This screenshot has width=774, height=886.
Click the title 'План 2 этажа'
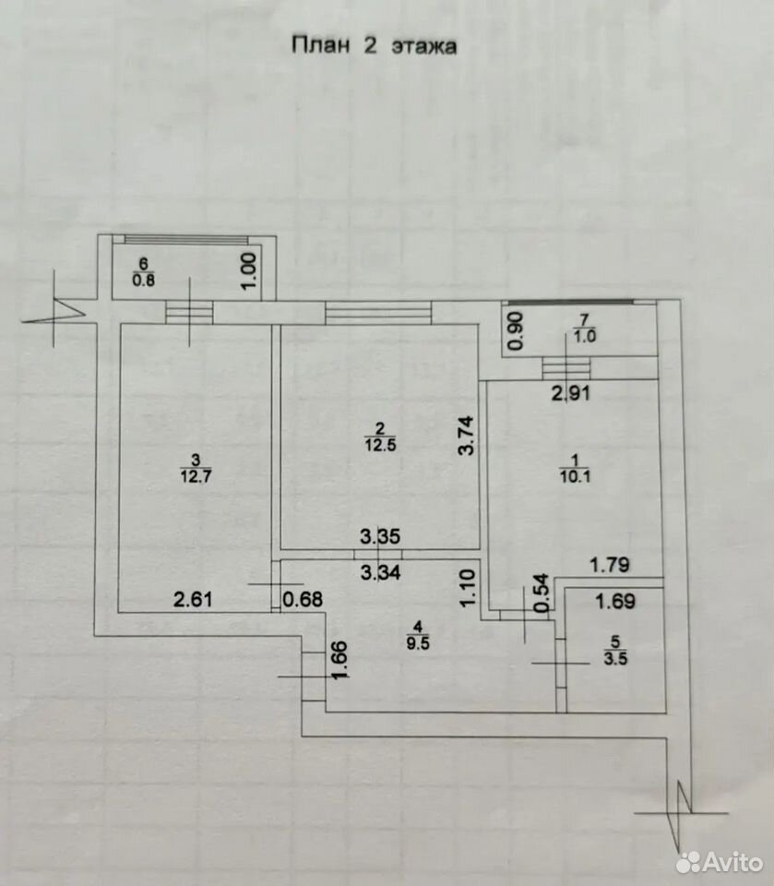point(374,45)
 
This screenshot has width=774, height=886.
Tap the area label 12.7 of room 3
point(196,476)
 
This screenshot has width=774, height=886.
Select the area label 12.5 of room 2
point(380,445)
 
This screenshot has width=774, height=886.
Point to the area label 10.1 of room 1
point(575,476)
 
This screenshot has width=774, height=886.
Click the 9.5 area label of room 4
point(418,643)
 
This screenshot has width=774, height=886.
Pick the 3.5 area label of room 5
point(615,658)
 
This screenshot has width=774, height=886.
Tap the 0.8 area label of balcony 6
point(144,280)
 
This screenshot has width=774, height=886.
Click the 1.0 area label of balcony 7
point(585,336)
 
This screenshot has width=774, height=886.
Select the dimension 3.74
point(466,436)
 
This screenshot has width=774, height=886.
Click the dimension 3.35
point(380,536)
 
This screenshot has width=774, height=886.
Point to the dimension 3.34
point(380,572)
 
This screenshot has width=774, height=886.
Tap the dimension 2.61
point(193,599)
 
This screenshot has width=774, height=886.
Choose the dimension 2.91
point(571,393)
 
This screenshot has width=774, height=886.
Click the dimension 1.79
point(610,565)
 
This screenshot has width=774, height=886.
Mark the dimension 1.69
point(615,601)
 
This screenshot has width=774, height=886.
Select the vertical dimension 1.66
point(339,660)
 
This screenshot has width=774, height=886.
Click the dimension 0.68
point(303,599)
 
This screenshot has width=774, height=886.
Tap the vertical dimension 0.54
point(542,593)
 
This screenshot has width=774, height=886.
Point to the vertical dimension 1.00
point(248,270)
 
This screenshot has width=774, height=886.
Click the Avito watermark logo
point(720,862)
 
